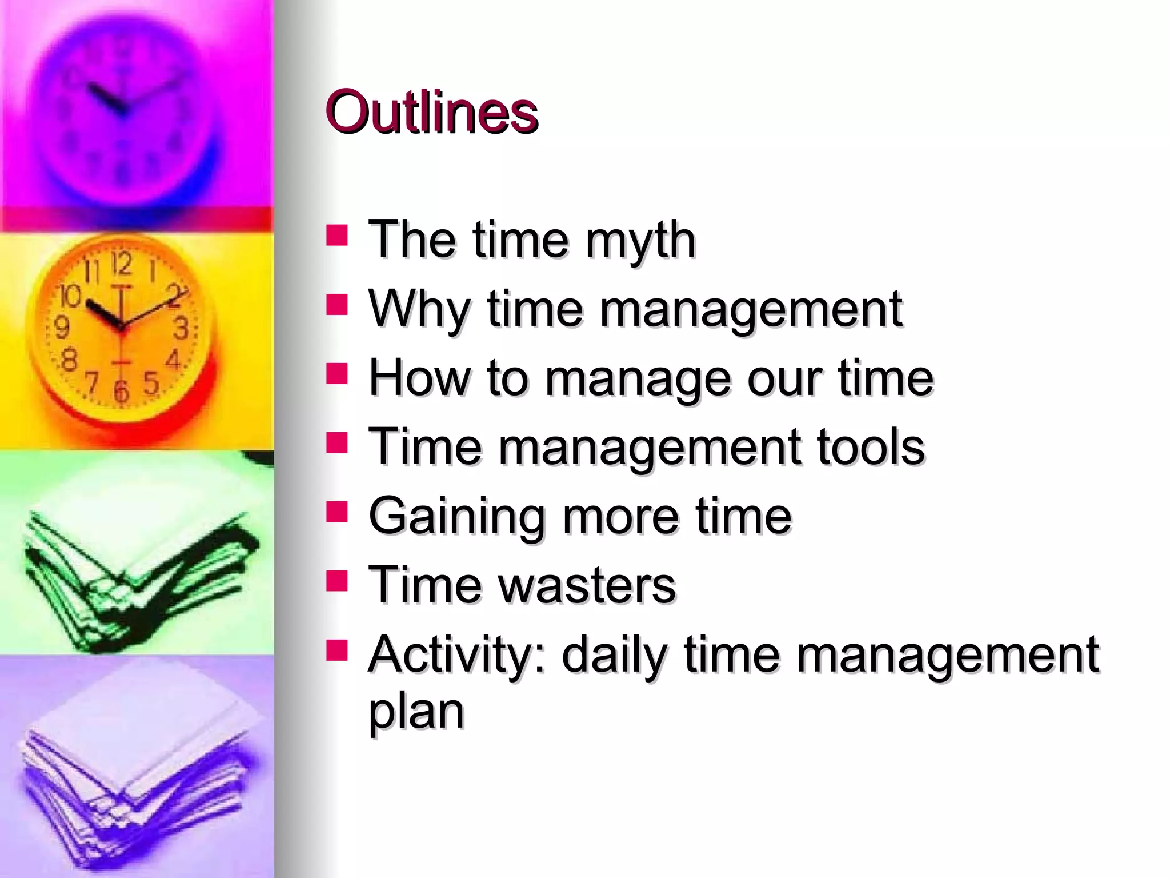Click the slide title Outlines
tap(431, 113)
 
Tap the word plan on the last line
tap(416, 712)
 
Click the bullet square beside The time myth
tap(337, 235)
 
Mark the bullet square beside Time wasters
tap(337, 580)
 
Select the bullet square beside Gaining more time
tap(337, 512)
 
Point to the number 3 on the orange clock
tap(181, 328)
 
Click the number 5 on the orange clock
tap(151, 382)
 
